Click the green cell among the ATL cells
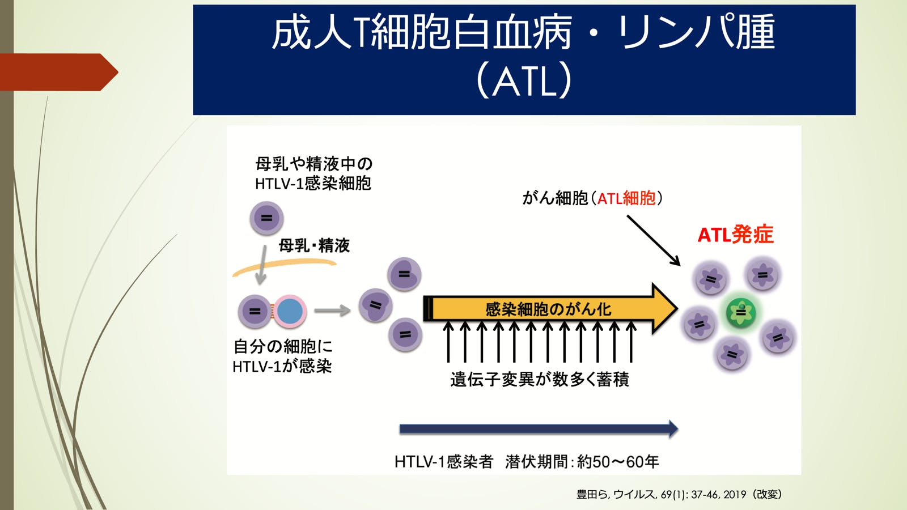[741, 312]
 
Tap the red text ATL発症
[735, 235]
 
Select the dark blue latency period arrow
[539, 429]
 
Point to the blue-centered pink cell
[290, 311]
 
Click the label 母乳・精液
[314, 245]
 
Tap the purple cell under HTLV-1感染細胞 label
[266, 218]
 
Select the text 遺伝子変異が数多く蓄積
[540, 379]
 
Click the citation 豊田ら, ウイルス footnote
[679, 494]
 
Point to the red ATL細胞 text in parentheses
[626, 198]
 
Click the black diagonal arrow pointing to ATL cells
[653, 240]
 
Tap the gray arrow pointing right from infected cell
[332, 311]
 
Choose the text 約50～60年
[618, 462]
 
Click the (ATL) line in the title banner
[524, 81]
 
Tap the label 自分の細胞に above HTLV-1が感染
[283, 346]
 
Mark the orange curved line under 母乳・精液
[283, 266]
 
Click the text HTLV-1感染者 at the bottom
[443, 462]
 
